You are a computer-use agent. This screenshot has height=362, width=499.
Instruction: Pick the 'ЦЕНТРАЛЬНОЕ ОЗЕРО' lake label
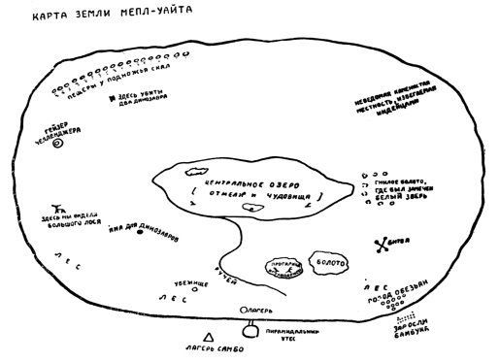pyautogui.click(x=255, y=181)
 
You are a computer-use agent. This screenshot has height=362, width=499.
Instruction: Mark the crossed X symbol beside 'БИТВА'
pyautogui.click(x=381, y=244)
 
